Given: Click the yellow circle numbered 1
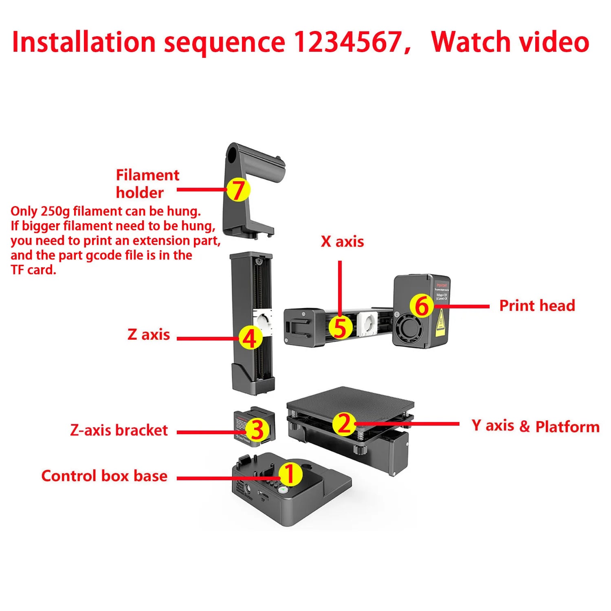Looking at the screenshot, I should [x=290, y=474].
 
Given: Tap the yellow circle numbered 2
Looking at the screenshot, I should [x=344, y=424].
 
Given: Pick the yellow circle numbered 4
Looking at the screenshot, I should [x=250, y=338].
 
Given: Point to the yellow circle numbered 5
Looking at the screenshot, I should [x=341, y=327].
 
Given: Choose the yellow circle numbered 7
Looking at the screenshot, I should [x=238, y=190].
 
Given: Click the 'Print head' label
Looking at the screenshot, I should [x=537, y=305].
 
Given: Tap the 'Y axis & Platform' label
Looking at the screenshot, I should [x=535, y=426].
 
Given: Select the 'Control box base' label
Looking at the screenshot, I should [x=104, y=476].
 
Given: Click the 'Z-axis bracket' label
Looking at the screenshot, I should [x=119, y=430].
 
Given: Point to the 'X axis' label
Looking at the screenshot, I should [x=342, y=242].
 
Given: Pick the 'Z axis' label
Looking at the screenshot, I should [x=149, y=334].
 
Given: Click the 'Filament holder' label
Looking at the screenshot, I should [x=147, y=184].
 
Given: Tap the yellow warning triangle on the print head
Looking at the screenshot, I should [x=440, y=324].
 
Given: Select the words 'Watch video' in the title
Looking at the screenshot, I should [x=510, y=42].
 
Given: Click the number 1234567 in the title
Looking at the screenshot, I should [x=347, y=42].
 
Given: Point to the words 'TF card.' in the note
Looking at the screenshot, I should [x=33, y=270].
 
